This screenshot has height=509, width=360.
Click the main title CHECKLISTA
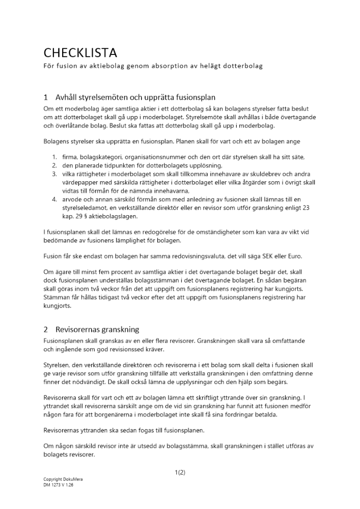pos(80,53)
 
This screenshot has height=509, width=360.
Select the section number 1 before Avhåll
pos(46,97)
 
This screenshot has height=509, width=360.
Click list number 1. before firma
pos(54,157)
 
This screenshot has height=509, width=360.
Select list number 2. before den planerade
pos(54,165)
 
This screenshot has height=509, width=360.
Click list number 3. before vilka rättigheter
pos(54,174)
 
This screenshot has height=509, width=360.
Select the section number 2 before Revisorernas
pos(46,329)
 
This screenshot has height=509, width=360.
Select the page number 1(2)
pos(180,472)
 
